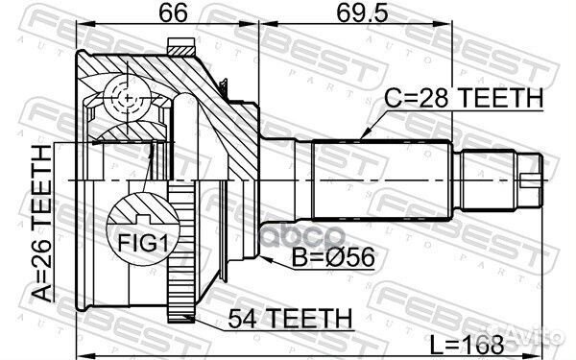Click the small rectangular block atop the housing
[x=181, y=44]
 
